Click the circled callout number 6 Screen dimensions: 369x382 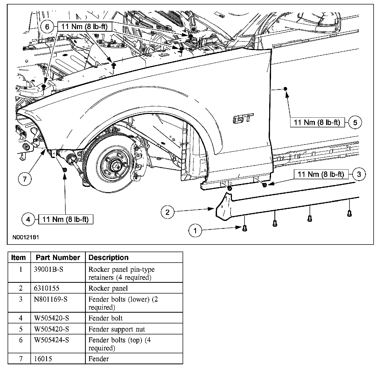(x=47, y=27)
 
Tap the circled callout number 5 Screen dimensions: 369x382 (x=355, y=122)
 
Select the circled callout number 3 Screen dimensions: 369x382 (x=359, y=174)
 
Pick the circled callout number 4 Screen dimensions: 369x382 (x=28, y=219)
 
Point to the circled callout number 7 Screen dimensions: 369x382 (x=25, y=179)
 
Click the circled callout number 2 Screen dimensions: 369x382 (x=168, y=212)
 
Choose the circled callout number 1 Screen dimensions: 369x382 (x=195, y=231)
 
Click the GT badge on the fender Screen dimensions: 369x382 (x=243, y=119)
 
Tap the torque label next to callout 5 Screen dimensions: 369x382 (x=317, y=122)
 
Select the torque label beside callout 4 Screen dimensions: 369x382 (x=66, y=219)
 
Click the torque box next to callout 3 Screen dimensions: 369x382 (x=321, y=174)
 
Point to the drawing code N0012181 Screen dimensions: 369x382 (x=26, y=237)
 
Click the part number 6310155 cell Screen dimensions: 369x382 (x=47, y=288)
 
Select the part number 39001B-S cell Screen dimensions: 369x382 (x=49, y=269)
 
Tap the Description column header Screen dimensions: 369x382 (x=108, y=258)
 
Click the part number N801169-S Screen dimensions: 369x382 (x=51, y=299)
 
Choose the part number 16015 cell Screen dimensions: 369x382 (x=43, y=359)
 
